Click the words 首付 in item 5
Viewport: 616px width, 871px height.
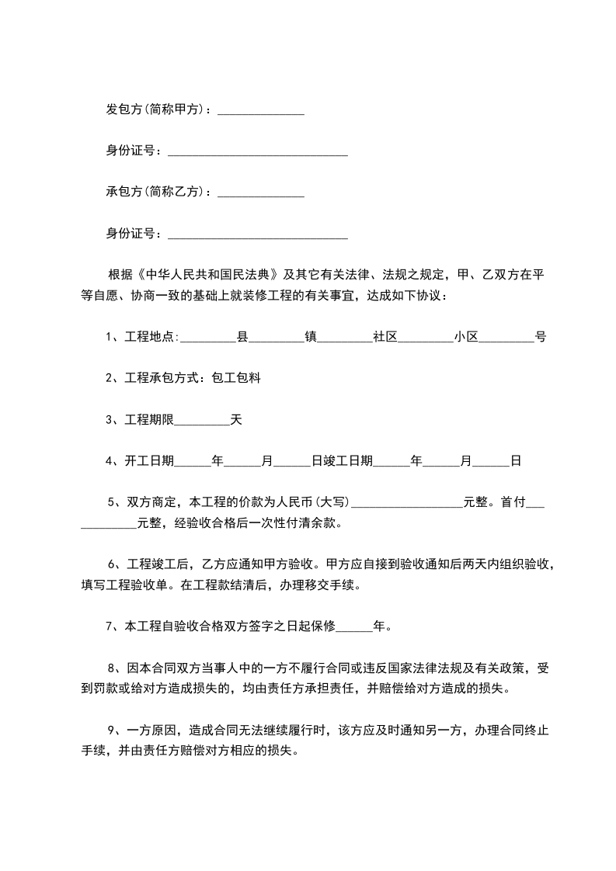click(513, 502)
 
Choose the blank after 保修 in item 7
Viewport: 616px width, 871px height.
click(356, 626)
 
